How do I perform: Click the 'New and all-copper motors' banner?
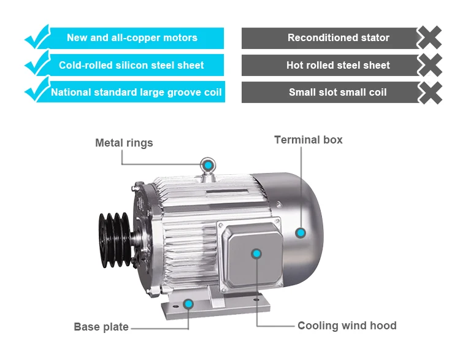coord(132,38)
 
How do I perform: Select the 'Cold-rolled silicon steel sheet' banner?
coord(132,65)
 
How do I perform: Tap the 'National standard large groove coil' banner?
coord(136,93)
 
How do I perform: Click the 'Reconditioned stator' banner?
coord(338,38)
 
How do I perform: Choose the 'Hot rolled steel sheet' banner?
coord(338,65)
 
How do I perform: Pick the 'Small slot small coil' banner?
coord(338,93)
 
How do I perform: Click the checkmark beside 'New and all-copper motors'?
coord(36,36)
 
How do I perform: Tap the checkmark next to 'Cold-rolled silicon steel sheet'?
coord(36,63)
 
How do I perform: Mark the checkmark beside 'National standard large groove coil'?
coord(36,90)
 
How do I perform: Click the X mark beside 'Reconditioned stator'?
coord(431,38)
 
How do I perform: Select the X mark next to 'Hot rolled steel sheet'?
coord(431,65)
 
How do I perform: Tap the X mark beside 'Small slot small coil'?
coord(431,93)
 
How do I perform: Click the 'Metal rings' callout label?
coord(124,143)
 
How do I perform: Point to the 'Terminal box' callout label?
coord(308,140)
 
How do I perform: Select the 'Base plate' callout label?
coord(101,327)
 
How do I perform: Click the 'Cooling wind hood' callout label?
coord(347,326)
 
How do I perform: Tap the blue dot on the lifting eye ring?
coord(209,164)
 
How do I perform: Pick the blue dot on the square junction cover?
coord(256,253)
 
